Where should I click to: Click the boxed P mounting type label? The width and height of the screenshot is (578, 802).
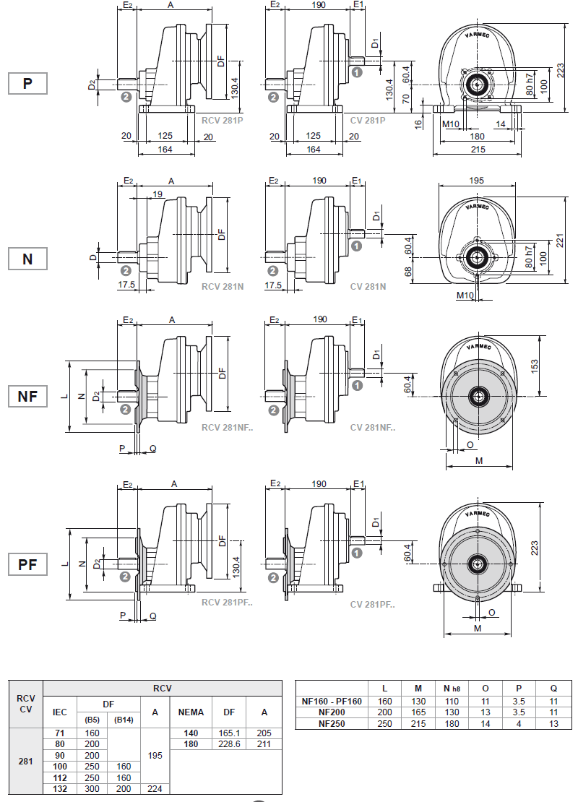coord(27,83)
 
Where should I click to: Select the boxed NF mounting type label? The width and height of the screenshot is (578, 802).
coord(27,396)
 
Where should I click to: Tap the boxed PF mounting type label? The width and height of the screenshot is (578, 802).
coord(27,564)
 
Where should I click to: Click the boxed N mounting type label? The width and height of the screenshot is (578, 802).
coord(27,258)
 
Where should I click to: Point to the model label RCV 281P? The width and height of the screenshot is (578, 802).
coord(222,120)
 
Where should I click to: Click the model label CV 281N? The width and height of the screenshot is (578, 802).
coord(368,287)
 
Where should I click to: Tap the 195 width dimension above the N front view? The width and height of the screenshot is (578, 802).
coord(477,180)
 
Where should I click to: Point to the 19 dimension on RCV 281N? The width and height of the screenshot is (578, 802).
coord(158,194)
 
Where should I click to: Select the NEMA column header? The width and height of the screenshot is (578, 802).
coord(191,712)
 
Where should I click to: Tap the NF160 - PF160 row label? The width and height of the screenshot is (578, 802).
coord(332,701)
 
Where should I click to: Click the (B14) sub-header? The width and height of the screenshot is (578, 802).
coord(124,719)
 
